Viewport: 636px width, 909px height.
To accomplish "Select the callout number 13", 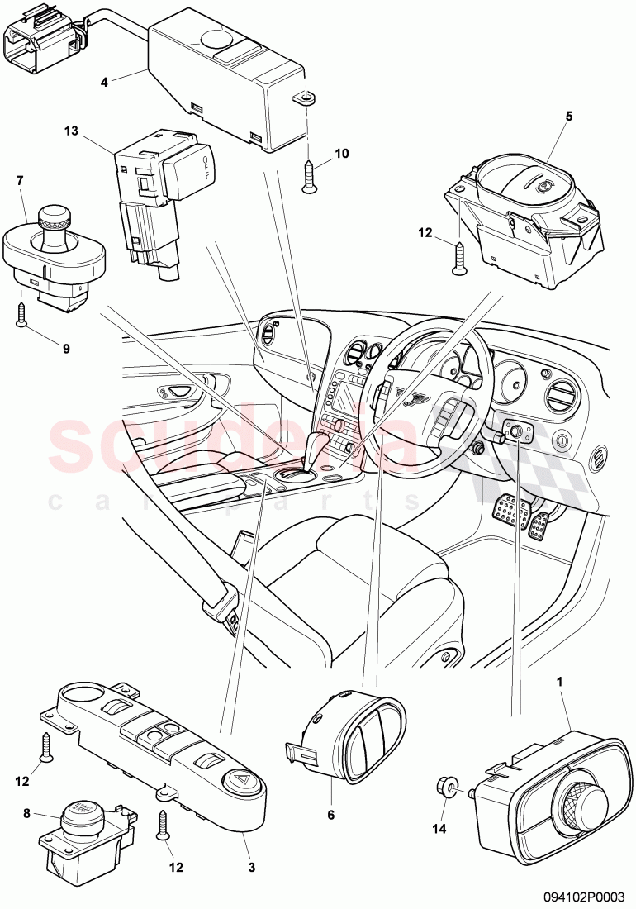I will (71, 130).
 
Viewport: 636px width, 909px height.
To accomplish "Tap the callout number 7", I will (21, 179).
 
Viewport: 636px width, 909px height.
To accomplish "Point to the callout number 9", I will (66, 348).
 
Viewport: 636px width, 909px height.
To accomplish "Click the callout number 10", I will (341, 155).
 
